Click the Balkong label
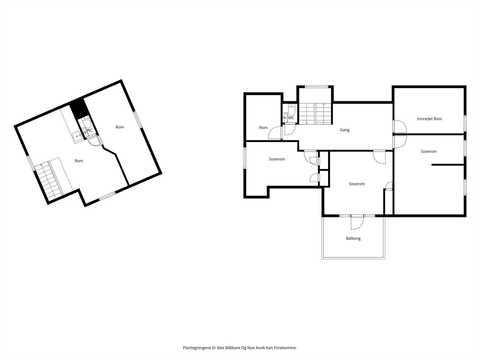[x=353, y=238]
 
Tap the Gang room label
[x=344, y=130]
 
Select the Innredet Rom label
[x=429, y=119]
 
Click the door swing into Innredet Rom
[x=400, y=126]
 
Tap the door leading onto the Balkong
[x=357, y=222]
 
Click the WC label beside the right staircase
[x=291, y=118]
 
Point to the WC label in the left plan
[x=89, y=130]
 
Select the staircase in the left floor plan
[x=48, y=181]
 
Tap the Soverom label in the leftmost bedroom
[x=277, y=159]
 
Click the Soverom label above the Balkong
[x=357, y=184]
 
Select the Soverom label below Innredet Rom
[x=428, y=151]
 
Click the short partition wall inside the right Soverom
[x=448, y=165]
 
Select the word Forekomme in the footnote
[x=286, y=348]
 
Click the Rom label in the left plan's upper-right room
[x=120, y=127]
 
